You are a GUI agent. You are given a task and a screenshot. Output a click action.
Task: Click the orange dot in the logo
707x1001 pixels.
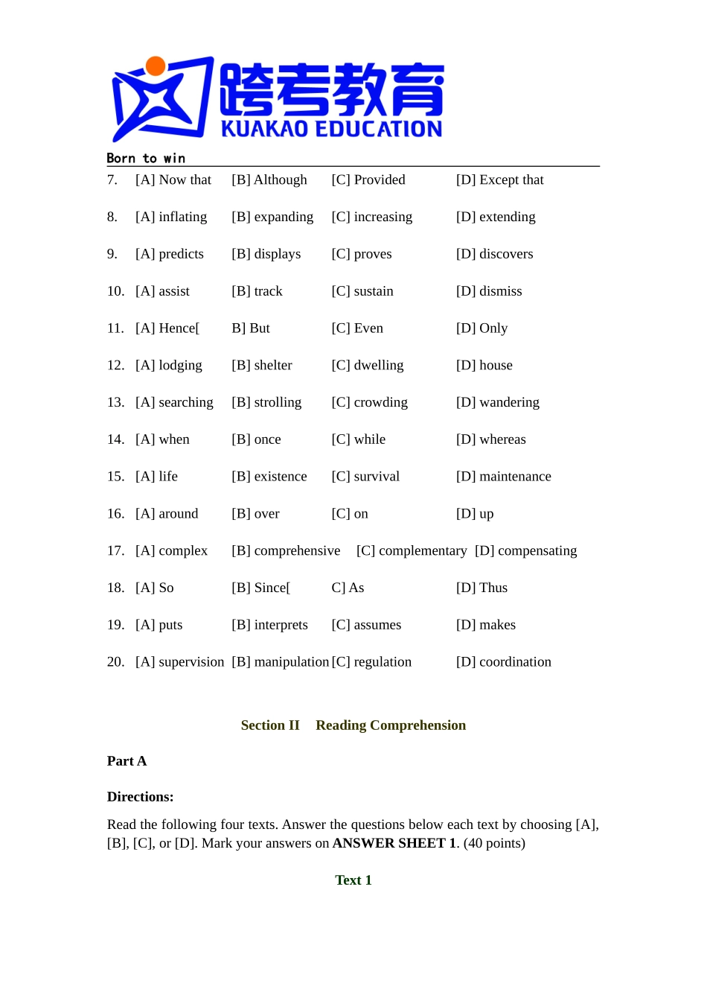click(156, 66)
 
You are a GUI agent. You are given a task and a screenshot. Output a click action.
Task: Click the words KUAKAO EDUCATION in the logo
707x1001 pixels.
click(331, 130)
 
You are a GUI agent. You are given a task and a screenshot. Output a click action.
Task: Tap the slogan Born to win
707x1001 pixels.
click(146, 158)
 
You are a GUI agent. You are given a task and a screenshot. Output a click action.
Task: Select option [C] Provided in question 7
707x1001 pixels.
click(368, 179)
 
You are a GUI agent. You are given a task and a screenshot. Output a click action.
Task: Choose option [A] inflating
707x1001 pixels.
click(171, 217)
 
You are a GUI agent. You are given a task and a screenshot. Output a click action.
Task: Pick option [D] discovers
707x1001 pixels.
click(494, 254)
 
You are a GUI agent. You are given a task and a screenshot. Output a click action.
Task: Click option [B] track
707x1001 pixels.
click(257, 291)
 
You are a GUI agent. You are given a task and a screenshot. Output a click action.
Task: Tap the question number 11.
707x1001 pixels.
click(115, 328)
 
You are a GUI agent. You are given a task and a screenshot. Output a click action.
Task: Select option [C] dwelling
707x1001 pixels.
click(368, 365)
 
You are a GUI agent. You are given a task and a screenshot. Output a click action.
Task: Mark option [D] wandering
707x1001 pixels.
click(497, 402)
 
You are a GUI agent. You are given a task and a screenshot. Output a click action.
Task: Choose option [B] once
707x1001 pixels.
click(256, 439)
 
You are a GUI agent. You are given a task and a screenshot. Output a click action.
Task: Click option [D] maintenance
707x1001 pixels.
click(503, 477)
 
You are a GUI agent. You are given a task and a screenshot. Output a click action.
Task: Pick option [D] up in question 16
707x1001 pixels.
click(475, 514)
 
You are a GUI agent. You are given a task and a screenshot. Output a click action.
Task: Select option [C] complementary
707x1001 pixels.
click(412, 550)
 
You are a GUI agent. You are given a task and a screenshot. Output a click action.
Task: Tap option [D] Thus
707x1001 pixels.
click(482, 588)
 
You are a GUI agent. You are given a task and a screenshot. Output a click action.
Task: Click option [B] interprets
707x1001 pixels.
click(269, 625)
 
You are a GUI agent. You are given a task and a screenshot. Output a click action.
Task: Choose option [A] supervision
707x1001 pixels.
click(179, 662)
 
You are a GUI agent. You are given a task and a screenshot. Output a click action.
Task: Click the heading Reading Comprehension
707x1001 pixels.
click(391, 725)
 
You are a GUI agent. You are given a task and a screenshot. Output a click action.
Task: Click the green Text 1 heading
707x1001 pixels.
click(353, 880)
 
